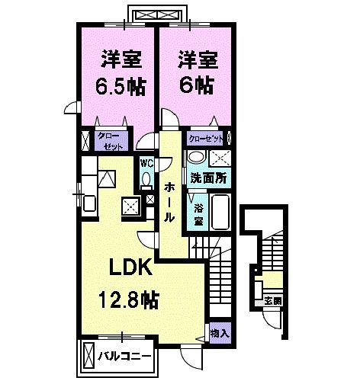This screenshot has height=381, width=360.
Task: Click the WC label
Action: coord(146,162)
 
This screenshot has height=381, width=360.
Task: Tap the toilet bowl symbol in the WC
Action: coord(146,178)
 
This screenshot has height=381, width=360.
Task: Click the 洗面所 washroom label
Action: coord(208,178)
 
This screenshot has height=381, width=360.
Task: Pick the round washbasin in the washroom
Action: coord(196,158)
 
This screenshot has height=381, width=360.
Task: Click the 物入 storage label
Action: coord(219,333)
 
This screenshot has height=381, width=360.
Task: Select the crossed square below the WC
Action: coord(131,203)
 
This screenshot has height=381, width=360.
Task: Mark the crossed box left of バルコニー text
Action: coord(88,356)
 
